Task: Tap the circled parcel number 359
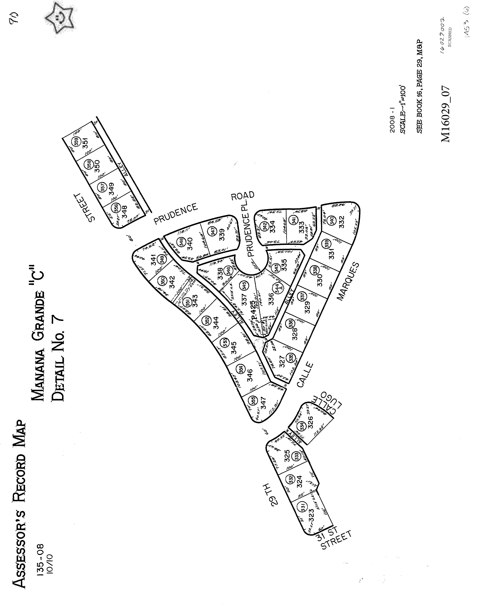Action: coord(76,142)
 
